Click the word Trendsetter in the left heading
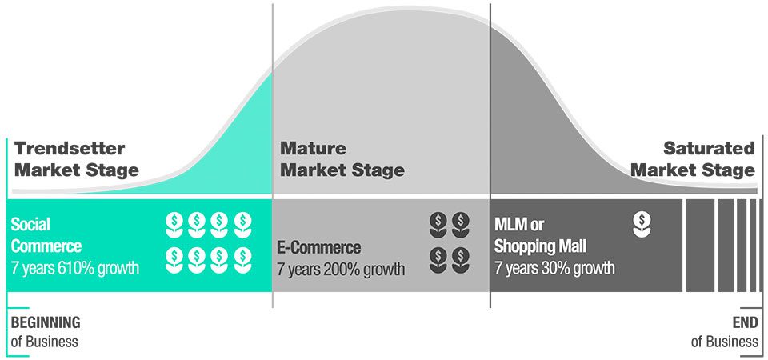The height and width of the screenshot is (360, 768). [70, 149]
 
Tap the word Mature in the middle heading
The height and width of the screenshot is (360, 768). [313, 148]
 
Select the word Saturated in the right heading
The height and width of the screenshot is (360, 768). [710, 149]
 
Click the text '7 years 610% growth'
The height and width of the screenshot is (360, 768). [75, 268]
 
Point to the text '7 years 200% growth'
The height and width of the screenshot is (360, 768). [341, 270]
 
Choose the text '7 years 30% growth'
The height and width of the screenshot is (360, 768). [554, 269]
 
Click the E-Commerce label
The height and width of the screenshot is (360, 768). [319, 247]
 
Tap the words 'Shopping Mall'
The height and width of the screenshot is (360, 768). [540, 246]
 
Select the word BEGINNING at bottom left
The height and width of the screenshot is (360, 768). [46, 322]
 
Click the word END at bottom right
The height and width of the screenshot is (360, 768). [746, 322]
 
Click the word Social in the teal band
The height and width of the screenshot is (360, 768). [30, 224]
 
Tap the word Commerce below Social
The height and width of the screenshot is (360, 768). [46, 246]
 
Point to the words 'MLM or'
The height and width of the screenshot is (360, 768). [519, 225]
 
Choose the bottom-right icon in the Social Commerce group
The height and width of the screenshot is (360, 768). [242, 260]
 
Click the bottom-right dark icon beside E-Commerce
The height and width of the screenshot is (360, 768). [461, 260]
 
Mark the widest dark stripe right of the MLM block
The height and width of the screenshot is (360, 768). [699, 246]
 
